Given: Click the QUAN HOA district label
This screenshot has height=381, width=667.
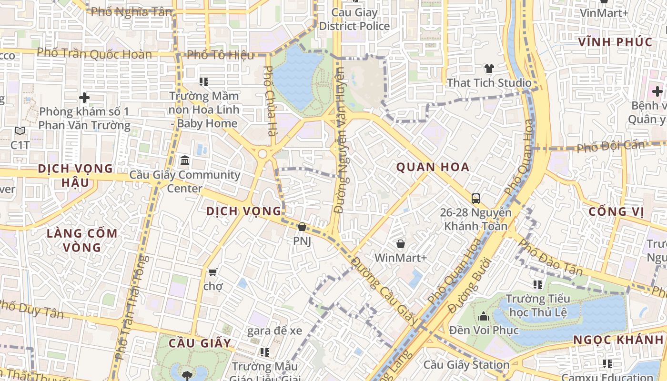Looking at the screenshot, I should [x=433, y=167].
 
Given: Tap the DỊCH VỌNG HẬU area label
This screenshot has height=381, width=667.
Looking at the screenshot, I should [x=75, y=176].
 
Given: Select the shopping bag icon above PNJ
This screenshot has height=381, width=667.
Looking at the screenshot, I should [x=302, y=227].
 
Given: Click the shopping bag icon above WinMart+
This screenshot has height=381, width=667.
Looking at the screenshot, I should [x=401, y=244].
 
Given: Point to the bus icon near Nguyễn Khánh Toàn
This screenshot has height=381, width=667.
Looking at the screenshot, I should [x=475, y=198].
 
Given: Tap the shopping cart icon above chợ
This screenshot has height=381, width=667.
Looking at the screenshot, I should [x=212, y=272].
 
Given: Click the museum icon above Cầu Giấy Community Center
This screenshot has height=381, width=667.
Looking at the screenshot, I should [x=184, y=160].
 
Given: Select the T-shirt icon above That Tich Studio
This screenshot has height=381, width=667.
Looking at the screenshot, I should [x=489, y=69].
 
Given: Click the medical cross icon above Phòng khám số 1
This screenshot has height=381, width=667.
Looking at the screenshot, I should [x=84, y=98].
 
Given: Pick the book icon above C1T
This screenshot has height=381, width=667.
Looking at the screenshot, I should [x=20, y=130].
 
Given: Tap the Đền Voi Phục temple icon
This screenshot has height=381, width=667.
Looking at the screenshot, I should [x=484, y=316].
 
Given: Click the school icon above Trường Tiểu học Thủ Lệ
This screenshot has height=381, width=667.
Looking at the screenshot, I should [x=538, y=285].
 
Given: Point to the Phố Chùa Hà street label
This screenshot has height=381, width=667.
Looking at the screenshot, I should [x=269, y=101].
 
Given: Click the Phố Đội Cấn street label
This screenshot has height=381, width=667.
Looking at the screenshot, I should [x=610, y=146].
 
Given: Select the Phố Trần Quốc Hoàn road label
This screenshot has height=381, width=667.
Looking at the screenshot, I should [x=94, y=53].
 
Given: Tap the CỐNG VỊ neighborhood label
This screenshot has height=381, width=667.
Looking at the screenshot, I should [x=616, y=211].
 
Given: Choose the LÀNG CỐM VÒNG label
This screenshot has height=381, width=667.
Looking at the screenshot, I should [x=82, y=241].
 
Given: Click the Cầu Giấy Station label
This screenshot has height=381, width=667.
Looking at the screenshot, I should [x=466, y=365].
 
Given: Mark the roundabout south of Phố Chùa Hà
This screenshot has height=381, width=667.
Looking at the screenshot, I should [x=262, y=154].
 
